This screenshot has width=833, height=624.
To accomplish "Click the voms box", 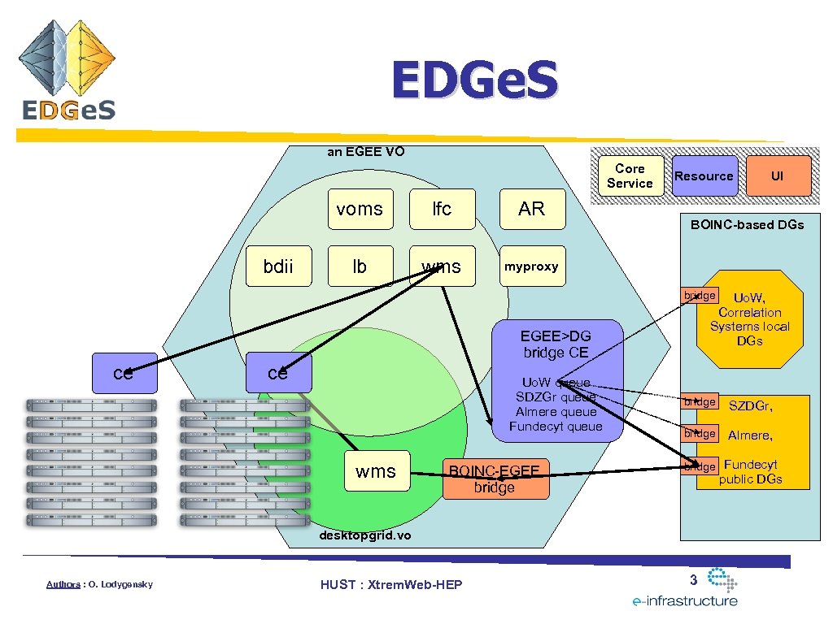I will [360, 209].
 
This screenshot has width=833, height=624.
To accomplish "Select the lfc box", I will [442, 209].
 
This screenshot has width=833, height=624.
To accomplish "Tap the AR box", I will [531, 209].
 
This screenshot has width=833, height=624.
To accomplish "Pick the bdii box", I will [278, 266].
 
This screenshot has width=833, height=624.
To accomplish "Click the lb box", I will [360, 266].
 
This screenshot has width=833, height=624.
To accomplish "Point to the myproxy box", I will [531, 266].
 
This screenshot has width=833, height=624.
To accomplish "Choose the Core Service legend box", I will [630, 175].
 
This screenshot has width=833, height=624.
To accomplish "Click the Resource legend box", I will [704, 175].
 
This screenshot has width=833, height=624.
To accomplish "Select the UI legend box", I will [778, 175].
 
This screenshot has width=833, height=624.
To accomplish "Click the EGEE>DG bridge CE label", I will [556, 344].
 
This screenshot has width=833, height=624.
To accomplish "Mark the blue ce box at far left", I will [124, 374].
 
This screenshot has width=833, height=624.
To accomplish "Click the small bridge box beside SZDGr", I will [700, 402].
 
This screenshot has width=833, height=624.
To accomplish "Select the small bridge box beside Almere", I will [700, 433].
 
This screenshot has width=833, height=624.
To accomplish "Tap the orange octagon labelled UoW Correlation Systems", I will [749, 319].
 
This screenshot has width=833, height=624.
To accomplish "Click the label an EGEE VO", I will [365, 150].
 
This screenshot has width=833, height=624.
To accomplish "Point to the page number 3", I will [693, 579].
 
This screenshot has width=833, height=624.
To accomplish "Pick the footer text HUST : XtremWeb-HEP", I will [391, 584].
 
